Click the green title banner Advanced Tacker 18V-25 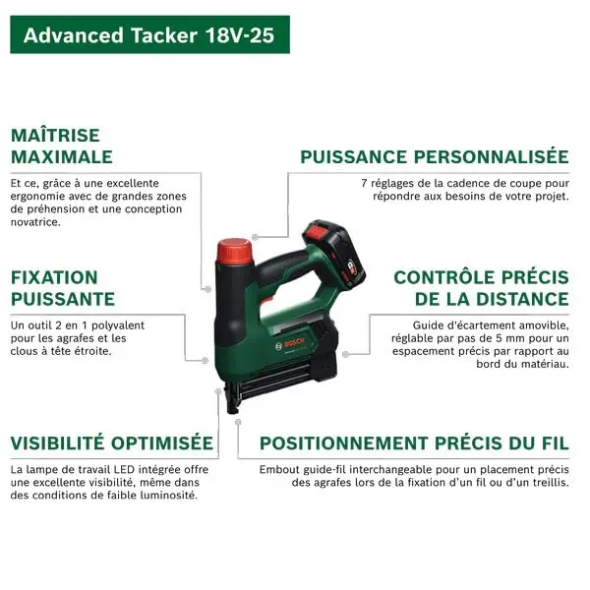[x=149, y=34]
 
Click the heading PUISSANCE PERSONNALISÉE [x=435, y=156]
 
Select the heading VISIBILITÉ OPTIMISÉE [x=112, y=442]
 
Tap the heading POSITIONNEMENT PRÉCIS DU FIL [x=414, y=442]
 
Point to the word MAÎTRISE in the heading [x=55, y=135]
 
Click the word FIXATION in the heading [x=54, y=277]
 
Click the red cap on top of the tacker [x=234, y=251]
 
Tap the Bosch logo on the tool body [x=290, y=344]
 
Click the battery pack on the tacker [x=333, y=253]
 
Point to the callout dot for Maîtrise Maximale [x=207, y=289]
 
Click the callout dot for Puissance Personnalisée [x=255, y=237]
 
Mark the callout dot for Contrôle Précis [x=345, y=354]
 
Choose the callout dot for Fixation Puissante [x=205, y=360]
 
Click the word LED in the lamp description [x=125, y=469]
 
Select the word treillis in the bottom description [x=551, y=482]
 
